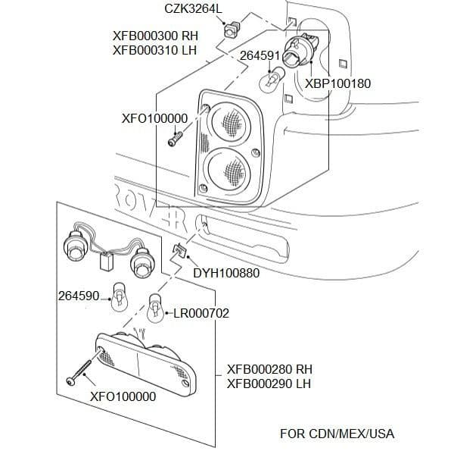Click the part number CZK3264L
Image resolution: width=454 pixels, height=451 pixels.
click(194, 9)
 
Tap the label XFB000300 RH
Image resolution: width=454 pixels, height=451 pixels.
click(155, 35)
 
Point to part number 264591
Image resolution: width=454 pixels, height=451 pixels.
click(260, 55)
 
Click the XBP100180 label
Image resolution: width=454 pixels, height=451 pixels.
click(337, 83)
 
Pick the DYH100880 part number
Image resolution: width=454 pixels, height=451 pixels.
click(226, 272)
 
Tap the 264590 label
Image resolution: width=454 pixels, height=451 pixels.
click(78, 295)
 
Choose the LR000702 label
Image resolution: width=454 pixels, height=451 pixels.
click(201, 312)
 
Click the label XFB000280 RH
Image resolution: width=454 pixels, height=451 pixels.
click(269, 369)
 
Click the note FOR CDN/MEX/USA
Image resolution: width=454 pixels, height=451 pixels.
click(337, 434)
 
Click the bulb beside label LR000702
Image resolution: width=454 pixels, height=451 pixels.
click(155, 306)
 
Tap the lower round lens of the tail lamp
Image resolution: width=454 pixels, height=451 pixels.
click(228, 168)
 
